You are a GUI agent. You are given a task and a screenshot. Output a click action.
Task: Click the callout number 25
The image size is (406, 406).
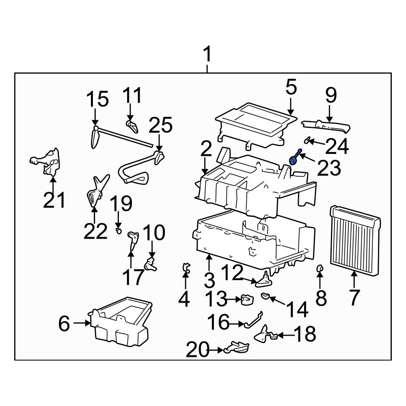coord(162,127)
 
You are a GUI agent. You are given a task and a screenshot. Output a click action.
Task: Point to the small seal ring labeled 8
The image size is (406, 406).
coord(320,268)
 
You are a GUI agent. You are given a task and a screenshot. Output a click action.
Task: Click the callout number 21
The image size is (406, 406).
coord(54,200)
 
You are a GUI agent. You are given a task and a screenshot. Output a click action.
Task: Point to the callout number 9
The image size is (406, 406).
coord(331,95)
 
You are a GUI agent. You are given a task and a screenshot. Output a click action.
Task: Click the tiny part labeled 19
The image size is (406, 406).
coord(119,231)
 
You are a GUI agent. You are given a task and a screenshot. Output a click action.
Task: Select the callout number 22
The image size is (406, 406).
coord(95,231)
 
